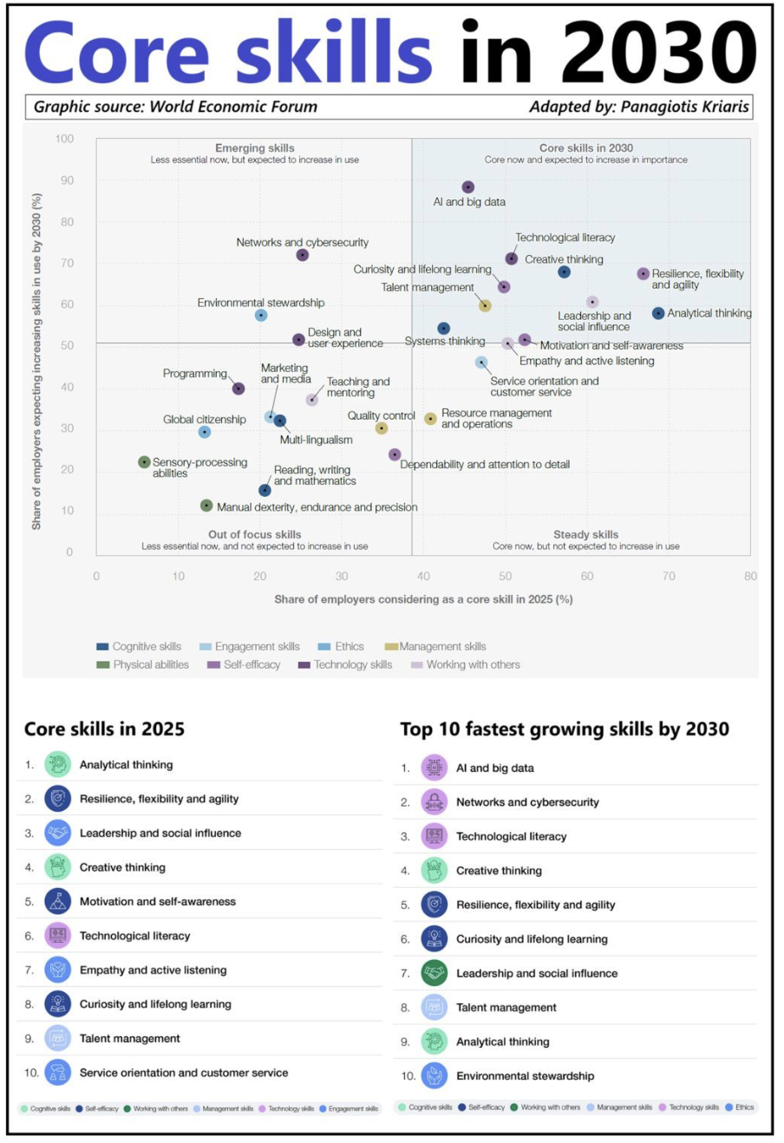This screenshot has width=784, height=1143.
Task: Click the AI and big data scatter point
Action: click(468, 187)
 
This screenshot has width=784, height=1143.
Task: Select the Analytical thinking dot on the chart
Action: click(658, 313)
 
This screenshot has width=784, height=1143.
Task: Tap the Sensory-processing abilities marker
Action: click(145, 462)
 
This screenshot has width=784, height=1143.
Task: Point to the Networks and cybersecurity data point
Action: click(302, 255)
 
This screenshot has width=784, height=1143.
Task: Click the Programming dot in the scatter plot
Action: click(238, 389)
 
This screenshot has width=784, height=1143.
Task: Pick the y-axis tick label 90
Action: click(66, 180)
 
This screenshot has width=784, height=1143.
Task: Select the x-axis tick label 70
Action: click(669, 576)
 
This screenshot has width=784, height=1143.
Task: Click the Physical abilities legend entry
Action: click(142, 664)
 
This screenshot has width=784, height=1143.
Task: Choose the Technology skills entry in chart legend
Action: click(344, 664)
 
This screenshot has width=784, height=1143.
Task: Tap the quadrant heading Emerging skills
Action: click(254, 148)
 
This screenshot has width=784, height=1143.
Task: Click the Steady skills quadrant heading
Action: click(585, 535)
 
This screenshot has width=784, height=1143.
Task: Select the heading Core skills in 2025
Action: click(104, 728)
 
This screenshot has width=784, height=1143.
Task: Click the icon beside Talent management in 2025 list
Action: click(58, 1038)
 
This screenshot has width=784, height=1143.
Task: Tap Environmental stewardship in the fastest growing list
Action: click(525, 1076)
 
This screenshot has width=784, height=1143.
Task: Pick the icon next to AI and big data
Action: click(434, 767)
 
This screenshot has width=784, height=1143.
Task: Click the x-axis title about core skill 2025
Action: click(423, 599)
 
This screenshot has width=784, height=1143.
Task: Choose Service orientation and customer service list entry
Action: click(183, 1073)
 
